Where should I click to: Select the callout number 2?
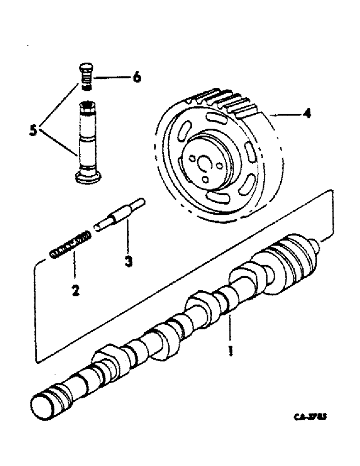click(75, 291)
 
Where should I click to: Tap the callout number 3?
click(128, 261)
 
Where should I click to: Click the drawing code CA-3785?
click(310, 418)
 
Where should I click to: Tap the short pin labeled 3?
click(120, 214)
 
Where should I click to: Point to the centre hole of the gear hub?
click(204, 164)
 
